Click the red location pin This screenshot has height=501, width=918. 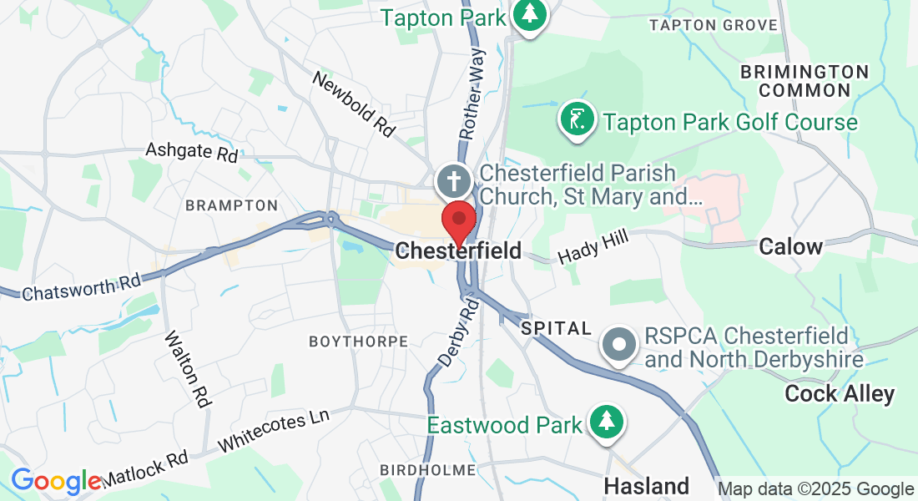pos(458,220)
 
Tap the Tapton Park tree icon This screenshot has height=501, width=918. pos(529,14)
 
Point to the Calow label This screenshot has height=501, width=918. pos(790,246)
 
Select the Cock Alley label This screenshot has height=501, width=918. pos(840,394)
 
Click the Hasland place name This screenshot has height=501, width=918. pos(646,485)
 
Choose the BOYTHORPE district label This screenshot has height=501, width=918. pos(358,342)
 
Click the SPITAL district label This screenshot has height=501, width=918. pos(556,329)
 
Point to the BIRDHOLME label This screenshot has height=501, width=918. pos(427,470)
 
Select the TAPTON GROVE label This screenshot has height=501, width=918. pos(714,25)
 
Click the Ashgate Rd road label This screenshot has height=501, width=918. pos(192,151)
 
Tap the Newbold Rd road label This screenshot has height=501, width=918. pos(353,104)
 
